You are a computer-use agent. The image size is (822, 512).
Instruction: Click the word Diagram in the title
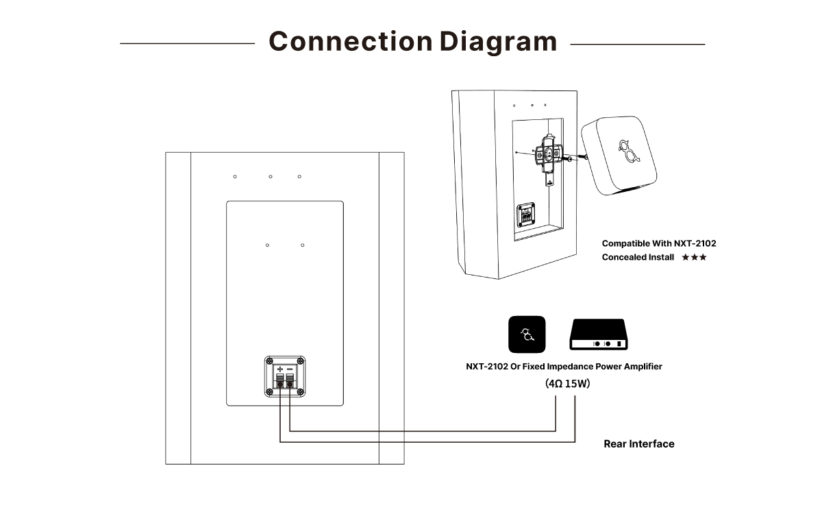coord(499,42)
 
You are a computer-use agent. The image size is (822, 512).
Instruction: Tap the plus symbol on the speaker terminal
coord(280,369)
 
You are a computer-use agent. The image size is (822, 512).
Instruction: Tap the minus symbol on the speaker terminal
coord(290,369)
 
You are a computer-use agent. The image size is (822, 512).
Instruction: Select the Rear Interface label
coord(639,443)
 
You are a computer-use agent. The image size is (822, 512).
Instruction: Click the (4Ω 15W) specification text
coord(567,383)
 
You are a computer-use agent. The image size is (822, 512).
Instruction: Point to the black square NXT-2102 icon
coord(527,334)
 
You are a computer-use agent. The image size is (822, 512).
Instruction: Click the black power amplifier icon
coord(599,334)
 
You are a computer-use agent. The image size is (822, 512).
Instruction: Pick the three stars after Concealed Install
coord(694,257)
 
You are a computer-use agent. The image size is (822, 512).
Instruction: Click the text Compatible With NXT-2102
coord(659,243)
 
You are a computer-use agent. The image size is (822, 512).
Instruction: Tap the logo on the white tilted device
coord(630,151)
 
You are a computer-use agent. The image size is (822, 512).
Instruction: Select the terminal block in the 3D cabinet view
coord(526,215)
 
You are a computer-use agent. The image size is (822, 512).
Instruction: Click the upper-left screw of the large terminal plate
coord(269,361)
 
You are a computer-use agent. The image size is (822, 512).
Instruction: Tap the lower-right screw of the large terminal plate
coord(300,392)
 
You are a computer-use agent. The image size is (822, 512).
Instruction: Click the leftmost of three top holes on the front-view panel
coord(235,177)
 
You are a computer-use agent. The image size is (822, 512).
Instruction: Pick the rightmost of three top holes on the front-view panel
coord(299,177)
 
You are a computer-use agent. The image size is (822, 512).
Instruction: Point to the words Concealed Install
coord(638,257)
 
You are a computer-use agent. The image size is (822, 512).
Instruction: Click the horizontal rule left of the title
coord(187,43)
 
